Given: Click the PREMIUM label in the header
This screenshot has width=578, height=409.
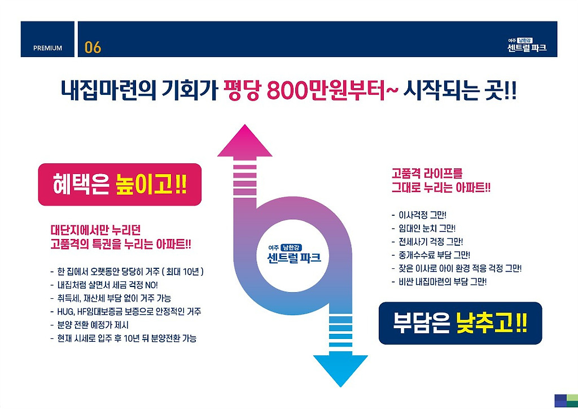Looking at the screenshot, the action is point(47,48).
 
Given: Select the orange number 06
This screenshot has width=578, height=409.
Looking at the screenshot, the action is point(93,47).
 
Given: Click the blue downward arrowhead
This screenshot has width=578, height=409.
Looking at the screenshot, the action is point(340,369).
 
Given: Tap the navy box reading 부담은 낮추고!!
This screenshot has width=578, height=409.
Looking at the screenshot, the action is point(460,323).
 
